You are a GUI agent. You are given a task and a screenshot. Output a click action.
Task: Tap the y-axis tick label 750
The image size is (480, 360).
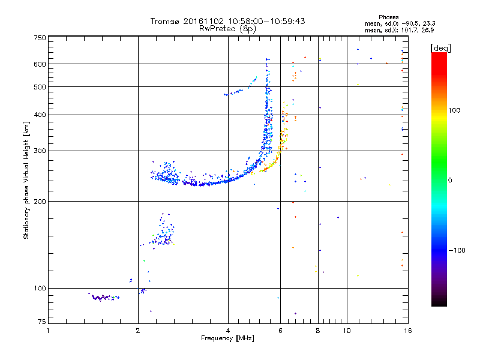pyautogui.click(x=39, y=38)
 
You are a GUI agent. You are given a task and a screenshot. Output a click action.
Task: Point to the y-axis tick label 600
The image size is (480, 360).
pyautogui.click(x=39, y=64)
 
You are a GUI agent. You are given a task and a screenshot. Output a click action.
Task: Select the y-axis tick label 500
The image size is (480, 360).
pyautogui.click(x=39, y=87)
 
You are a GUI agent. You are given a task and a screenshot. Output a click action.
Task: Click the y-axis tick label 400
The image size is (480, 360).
pyautogui.click(x=39, y=115)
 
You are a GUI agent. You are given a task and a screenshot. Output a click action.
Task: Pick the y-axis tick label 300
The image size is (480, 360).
pyautogui.click(x=39, y=151)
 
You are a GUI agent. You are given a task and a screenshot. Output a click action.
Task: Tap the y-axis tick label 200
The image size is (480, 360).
pyautogui.click(x=39, y=201)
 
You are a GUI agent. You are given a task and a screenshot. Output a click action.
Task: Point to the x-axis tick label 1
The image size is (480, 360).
pyautogui.click(x=48, y=331)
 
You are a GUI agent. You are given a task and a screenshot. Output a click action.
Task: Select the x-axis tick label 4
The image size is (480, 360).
pyautogui.click(x=228, y=331)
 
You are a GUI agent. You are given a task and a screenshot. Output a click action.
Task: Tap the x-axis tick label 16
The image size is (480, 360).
pyautogui.click(x=406, y=331)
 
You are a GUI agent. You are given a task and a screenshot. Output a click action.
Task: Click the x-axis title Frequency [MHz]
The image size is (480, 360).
pyautogui.click(x=228, y=338)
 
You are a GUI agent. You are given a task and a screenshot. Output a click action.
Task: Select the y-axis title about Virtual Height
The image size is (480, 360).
pyautogui.click(x=26, y=180)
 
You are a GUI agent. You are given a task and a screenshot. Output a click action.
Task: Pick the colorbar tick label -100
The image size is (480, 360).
pyautogui.click(x=457, y=250)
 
